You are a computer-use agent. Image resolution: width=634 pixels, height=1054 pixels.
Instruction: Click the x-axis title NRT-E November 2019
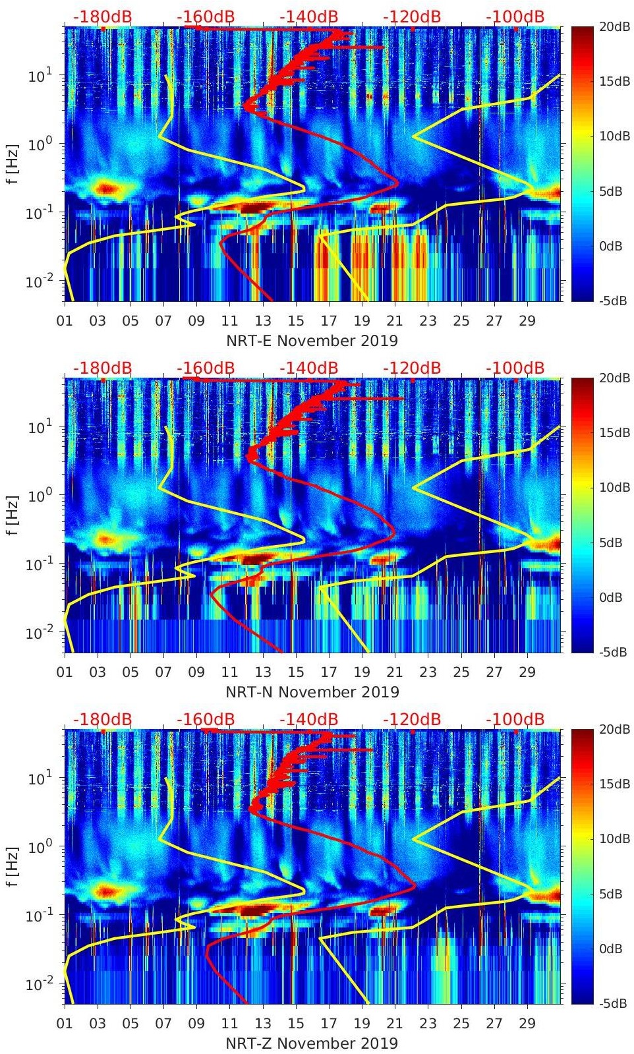[x=312, y=341]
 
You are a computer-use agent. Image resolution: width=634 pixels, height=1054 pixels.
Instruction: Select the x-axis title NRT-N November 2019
[x=312, y=692]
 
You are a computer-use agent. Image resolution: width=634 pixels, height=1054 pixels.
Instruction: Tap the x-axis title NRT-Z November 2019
[x=312, y=1043]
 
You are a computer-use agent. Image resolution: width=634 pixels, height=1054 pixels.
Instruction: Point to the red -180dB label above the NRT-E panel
[x=102, y=16]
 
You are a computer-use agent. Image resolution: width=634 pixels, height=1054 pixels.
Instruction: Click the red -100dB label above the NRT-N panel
[x=515, y=368]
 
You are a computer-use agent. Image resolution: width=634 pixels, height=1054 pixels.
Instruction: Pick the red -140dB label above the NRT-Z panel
[x=308, y=719]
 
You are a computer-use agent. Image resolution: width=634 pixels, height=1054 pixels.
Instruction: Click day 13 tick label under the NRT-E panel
[x=263, y=321]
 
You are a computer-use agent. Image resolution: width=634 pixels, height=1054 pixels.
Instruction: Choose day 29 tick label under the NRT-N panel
[x=527, y=672]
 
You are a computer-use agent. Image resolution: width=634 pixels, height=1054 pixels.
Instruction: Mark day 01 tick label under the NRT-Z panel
[x=65, y=1024]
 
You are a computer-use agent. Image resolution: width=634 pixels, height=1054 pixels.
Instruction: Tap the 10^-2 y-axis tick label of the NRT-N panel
[x=38, y=633]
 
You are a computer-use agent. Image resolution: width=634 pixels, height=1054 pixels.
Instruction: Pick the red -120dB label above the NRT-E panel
[x=412, y=16]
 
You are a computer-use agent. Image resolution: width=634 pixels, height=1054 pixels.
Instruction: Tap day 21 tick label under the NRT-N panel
[x=395, y=672]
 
